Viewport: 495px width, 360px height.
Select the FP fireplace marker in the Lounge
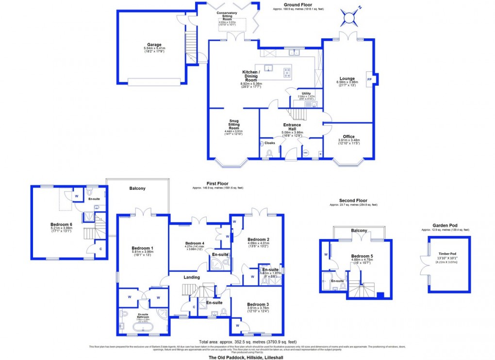[x=369, y=79]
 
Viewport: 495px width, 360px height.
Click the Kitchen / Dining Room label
[x=251, y=75]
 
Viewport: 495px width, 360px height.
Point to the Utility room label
[x=306, y=93]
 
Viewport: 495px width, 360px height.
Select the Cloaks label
[x=270, y=143]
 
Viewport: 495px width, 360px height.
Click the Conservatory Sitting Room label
[x=227, y=16]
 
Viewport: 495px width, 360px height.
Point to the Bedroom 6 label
[x=61, y=225]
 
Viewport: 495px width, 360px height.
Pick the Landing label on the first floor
[x=191, y=277]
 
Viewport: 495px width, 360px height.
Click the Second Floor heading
[x=353, y=200]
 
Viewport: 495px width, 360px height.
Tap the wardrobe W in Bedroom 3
[x=237, y=326]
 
